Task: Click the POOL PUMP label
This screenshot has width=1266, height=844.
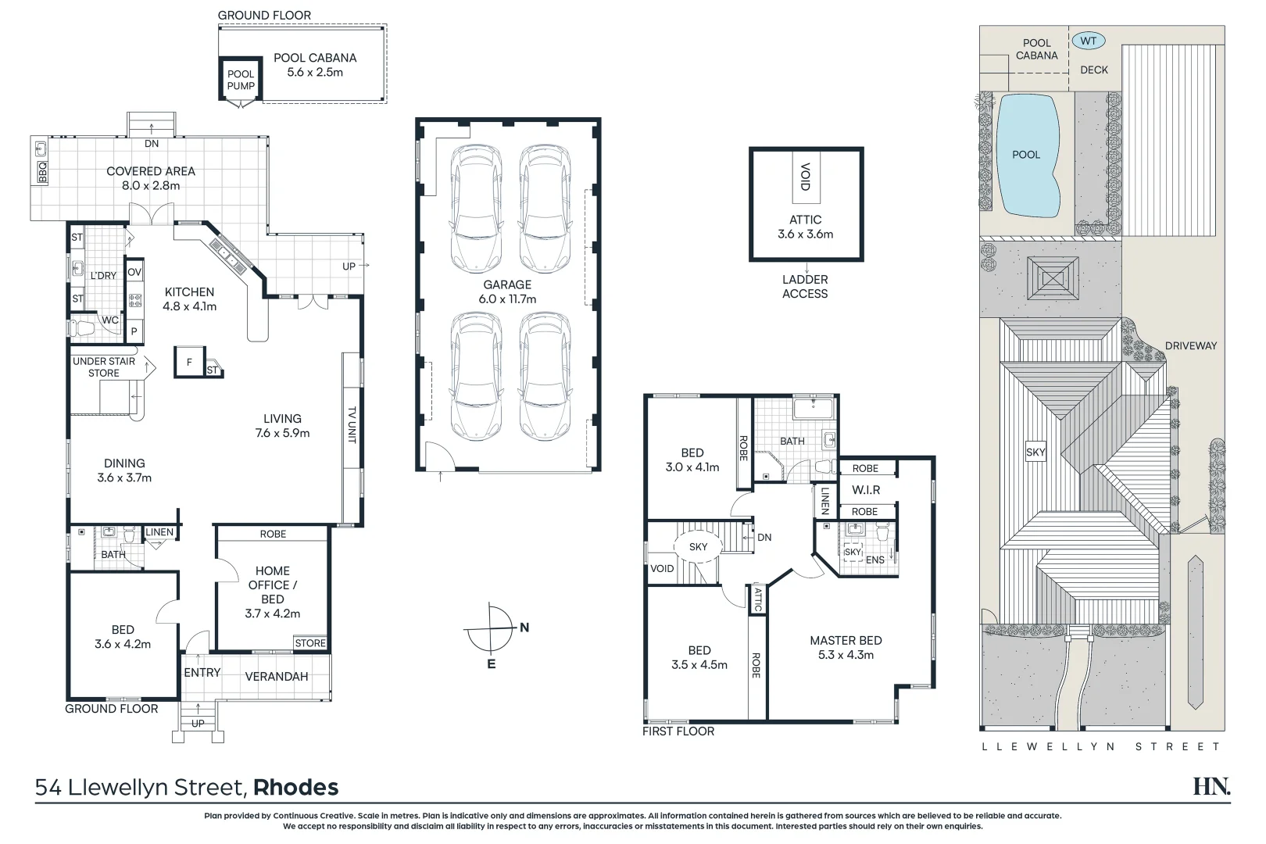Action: [x=241, y=80]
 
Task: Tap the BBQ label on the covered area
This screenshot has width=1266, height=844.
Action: [x=42, y=173]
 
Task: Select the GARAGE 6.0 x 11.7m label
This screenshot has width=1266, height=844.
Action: [x=507, y=291]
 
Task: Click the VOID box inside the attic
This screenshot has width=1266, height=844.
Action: [x=806, y=177]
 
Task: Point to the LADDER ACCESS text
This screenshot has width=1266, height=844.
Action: [x=805, y=287]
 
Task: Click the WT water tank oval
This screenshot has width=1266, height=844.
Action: [x=1088, y=41]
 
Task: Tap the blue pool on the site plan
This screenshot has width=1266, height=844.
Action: [x=1027, y=156]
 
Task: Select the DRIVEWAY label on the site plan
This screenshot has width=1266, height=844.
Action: [x=1191, y=346]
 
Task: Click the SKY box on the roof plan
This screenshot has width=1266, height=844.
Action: [x=1035, y=452]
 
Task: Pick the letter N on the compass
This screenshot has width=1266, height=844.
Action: [x=524, y=628]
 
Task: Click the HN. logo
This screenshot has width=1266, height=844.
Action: [x=1212, y=786]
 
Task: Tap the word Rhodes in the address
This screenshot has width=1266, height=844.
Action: [x=295, y=788]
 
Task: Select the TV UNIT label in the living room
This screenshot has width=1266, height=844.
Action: [x=352, y=424]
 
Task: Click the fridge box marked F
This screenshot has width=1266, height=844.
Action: [x=189, y=363]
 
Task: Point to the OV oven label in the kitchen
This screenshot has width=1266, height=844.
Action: [x=134, y=272]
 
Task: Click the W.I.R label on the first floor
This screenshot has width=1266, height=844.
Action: [x=866, y=490]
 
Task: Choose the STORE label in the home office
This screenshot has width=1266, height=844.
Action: [x=310, y=643]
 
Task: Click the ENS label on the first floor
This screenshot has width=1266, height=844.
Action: [x=875, y=560]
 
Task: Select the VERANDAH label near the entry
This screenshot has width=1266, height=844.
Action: [x=277, y=677]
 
